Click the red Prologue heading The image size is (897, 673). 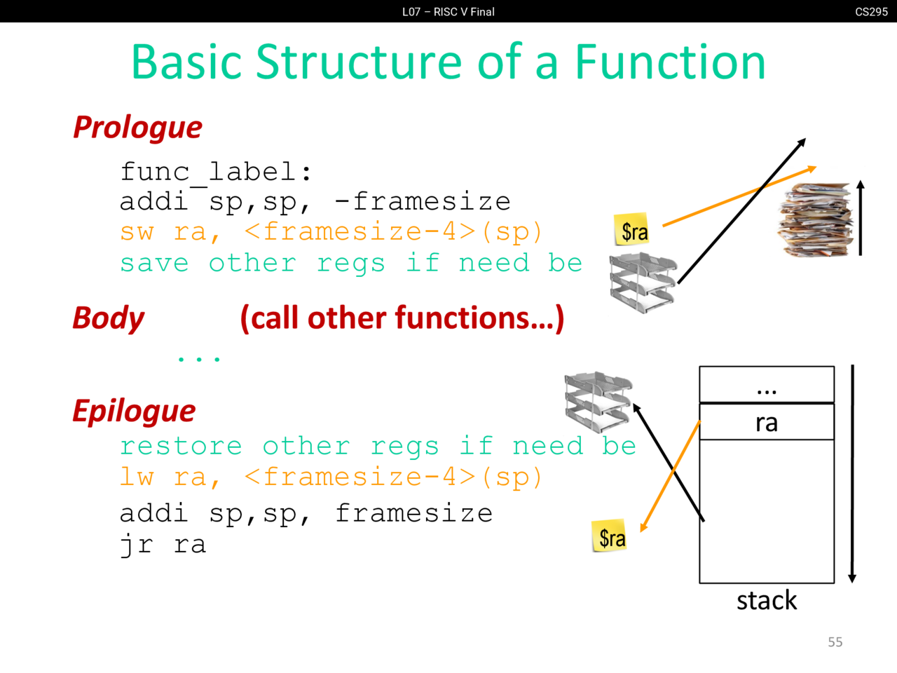(x=137, y=128)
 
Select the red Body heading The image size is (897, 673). (x=109, y=318)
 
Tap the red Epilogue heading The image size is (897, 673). (x=134, y=411)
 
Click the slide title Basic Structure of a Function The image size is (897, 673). (x=448, y=62)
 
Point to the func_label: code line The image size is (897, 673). (x=216, y=172)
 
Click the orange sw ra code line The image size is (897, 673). (x=331, y=232)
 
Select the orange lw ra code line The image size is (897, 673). (x=331, y=478)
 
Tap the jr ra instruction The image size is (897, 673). (x=163, y=545)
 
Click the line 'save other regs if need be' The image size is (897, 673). (x=350, y=264)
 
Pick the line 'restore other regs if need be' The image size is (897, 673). (x=377, y=447)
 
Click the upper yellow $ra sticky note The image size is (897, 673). (x=633, y=230)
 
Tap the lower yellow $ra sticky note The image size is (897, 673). (x=610, y=536)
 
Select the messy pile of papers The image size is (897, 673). (x=814, y=219)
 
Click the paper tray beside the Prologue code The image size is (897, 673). (x=642, y=283)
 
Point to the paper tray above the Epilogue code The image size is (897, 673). (x=598, y=402)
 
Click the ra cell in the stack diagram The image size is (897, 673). (x=767, y=422)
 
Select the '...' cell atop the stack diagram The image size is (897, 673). (x=767, y=385)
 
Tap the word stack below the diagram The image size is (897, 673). (x=767, y=601)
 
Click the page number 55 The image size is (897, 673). (x=835, y=642)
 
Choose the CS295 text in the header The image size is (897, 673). (x=871, y=12)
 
